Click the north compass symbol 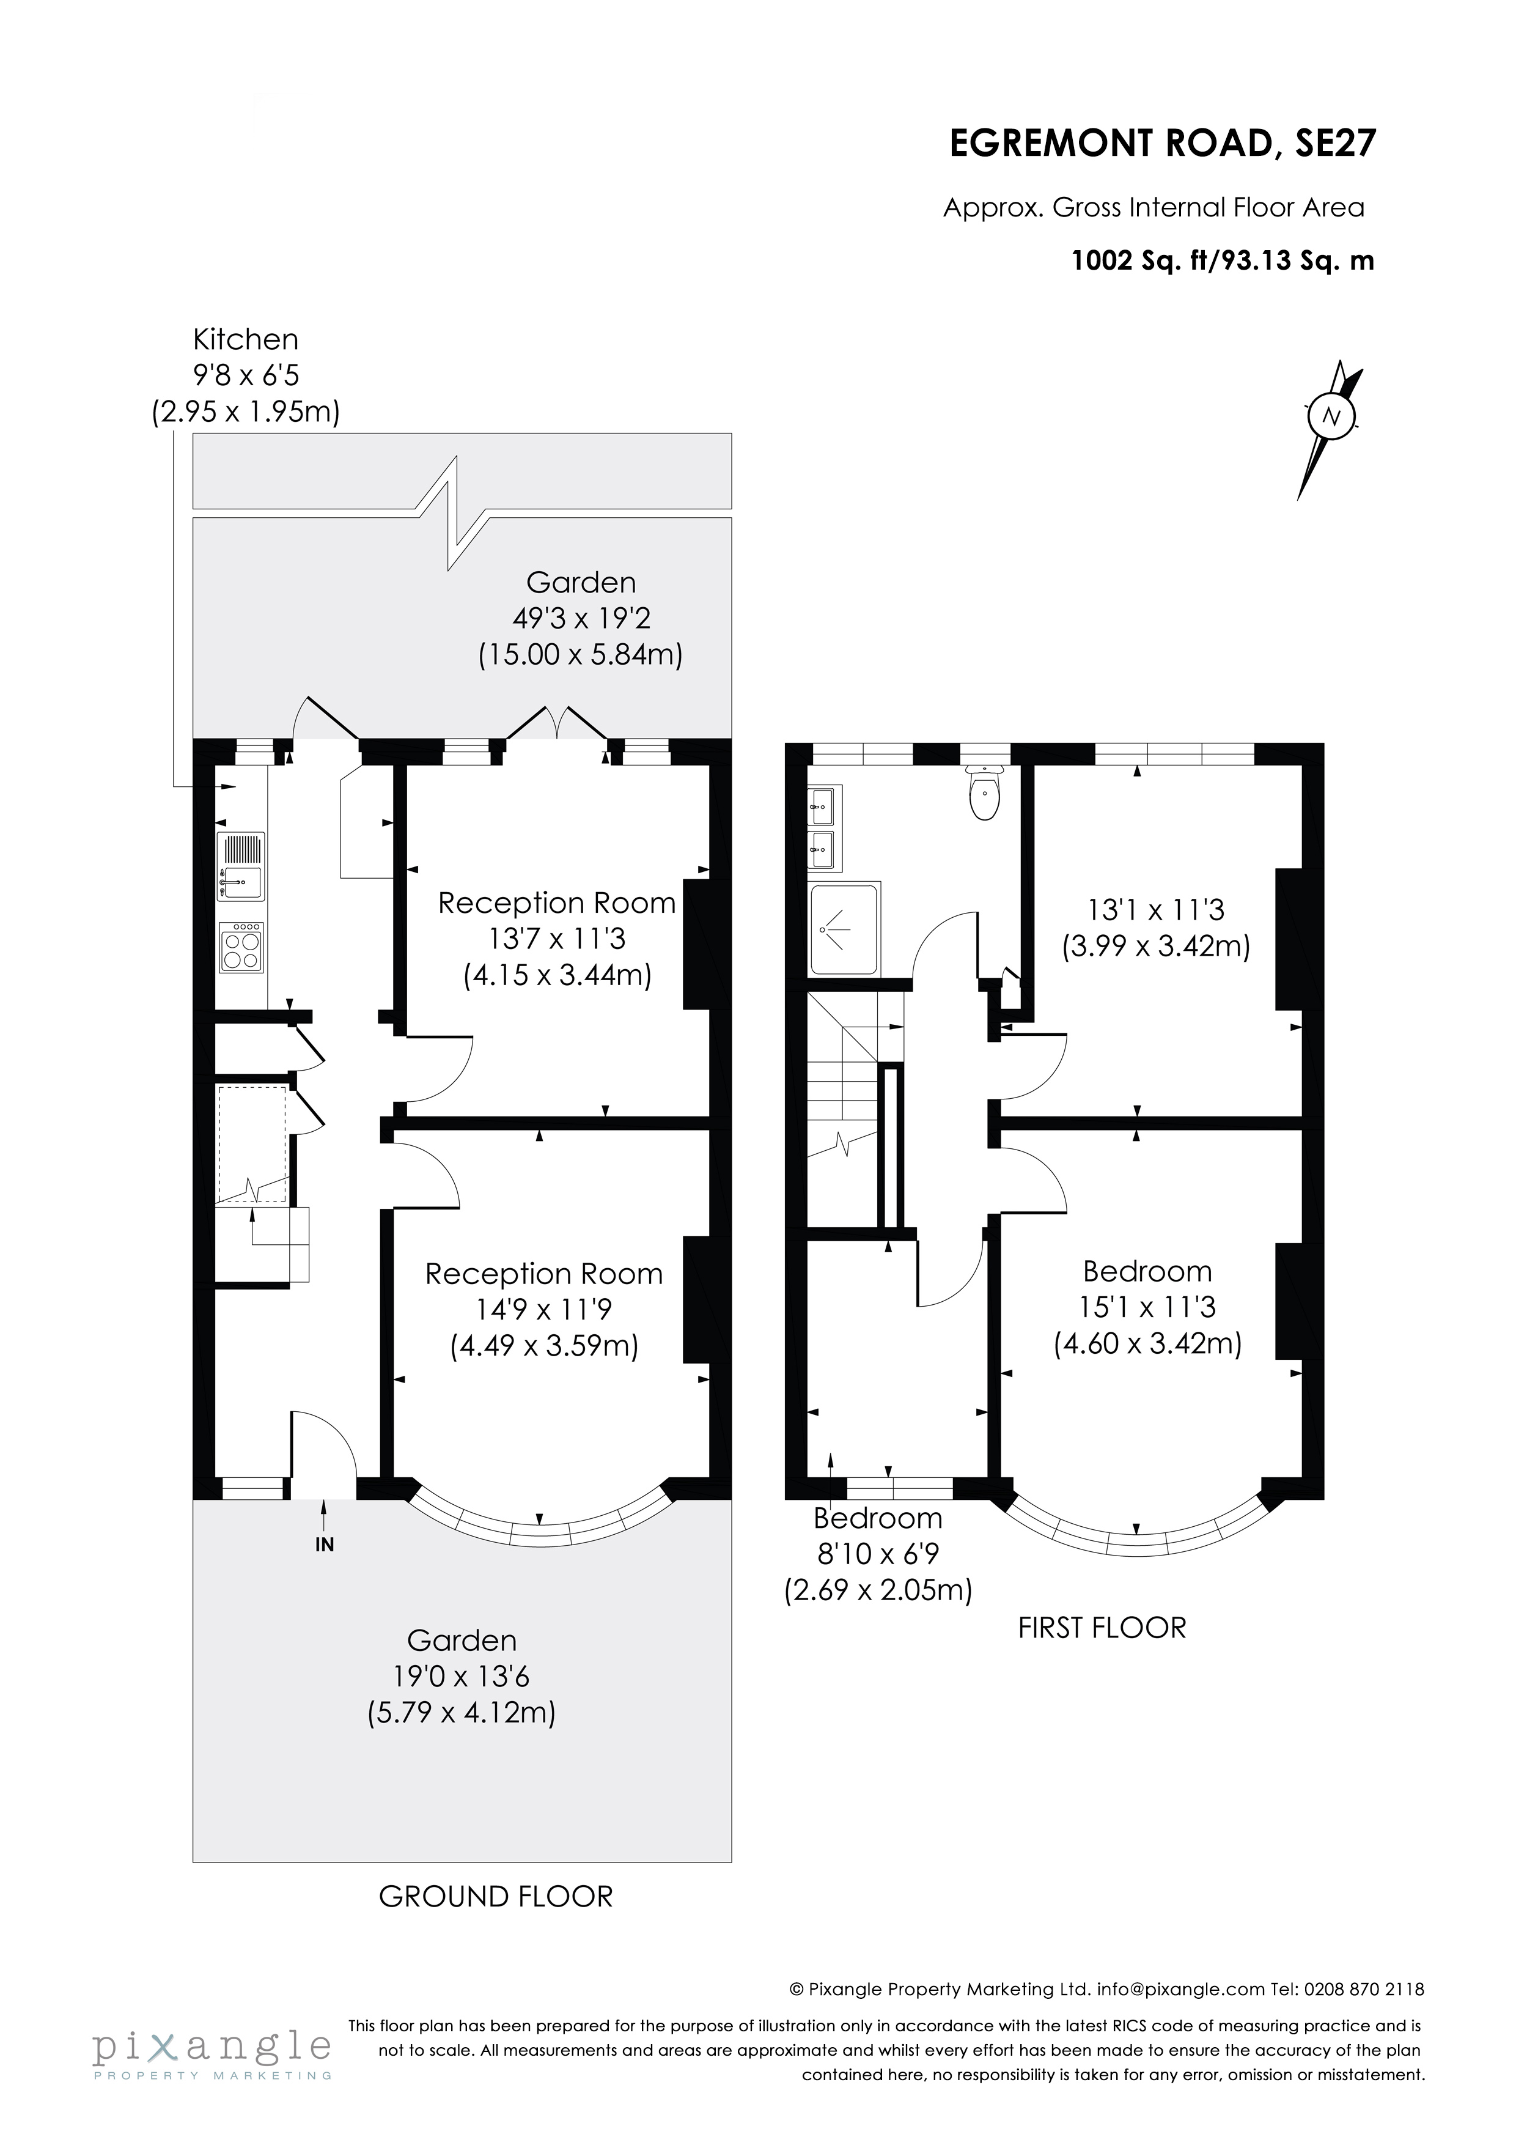pyautogui.click(x=1331, y=416)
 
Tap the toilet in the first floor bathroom pyautogui.click(x=985, y=794)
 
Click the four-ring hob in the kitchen pyautogui.click(x=242, y=948)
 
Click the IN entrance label pyautogui.click(x=324, y=1545)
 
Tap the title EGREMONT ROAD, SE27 pyautogui.click(x=1162, y=144)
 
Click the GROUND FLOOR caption pyautogui.click(x=495, y=1897)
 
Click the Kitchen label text pyautogui.click(x=246, y=339)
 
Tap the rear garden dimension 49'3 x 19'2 pyautogui.click(x=580, y=618)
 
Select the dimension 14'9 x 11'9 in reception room pyautogui.click(x=543, y=1310)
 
